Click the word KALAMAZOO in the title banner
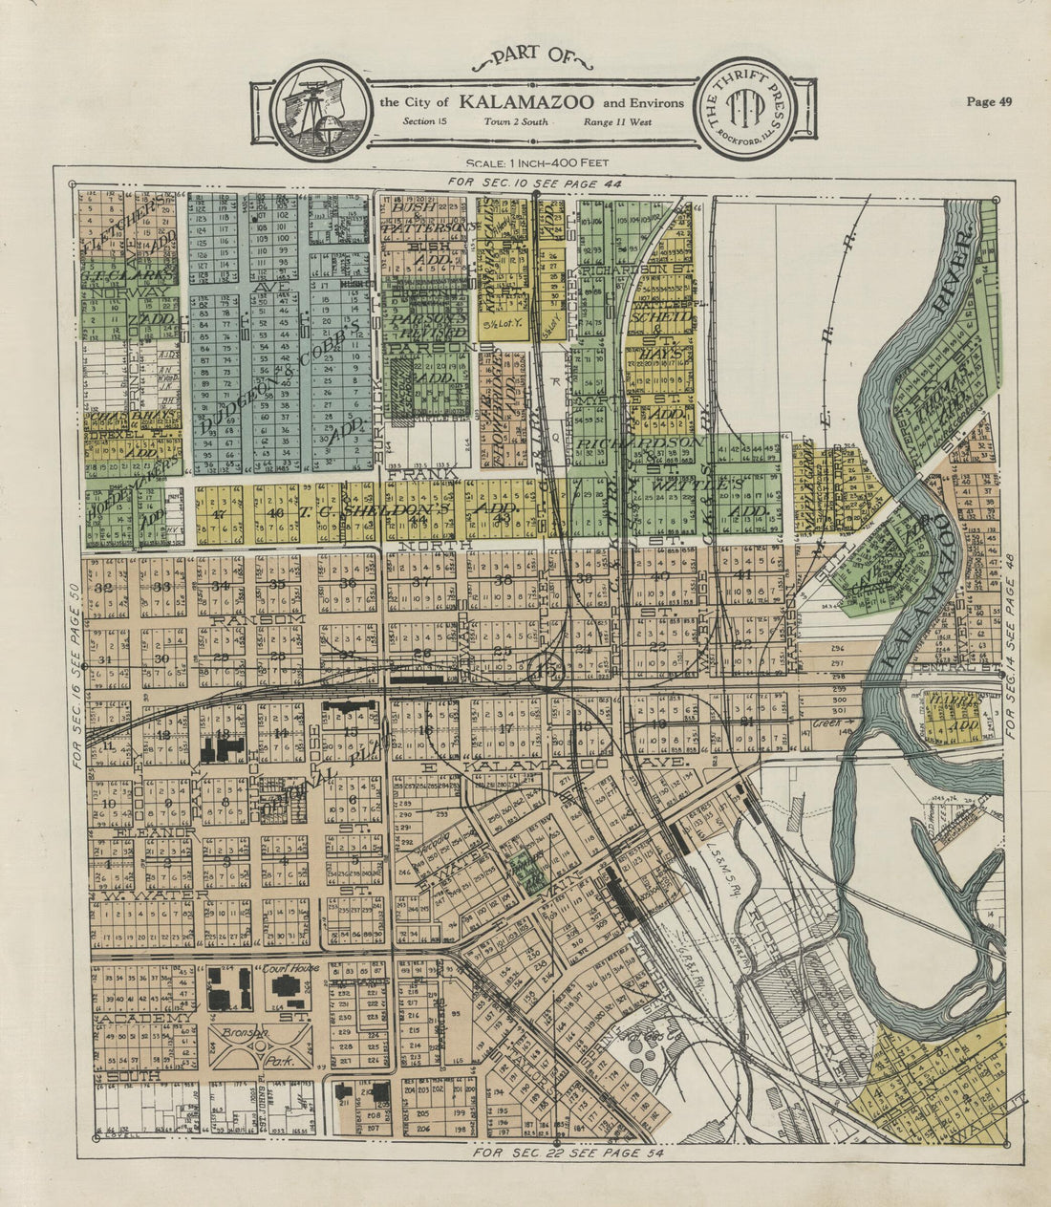tap(526, 102)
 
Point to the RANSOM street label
tap(247, 619)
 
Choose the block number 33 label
tap(162, 587)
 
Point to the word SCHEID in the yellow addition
tap(668, 316)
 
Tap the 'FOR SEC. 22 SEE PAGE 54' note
tap(568, 1153)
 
